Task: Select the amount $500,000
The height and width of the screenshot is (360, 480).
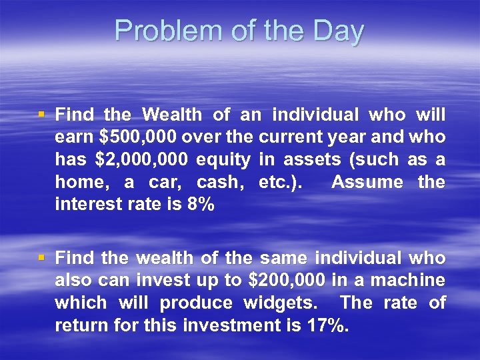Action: [137, 137]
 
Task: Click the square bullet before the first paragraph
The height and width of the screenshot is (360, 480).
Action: [42, 115]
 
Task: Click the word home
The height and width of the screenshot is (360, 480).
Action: [79, 183]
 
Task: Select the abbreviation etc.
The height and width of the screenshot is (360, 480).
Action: [279, 183]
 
